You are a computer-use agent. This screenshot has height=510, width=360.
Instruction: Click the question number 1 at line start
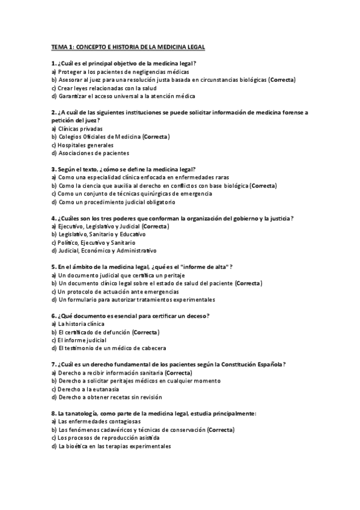(53, 63)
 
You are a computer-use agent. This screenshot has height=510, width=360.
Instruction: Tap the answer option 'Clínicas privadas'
(80, 129)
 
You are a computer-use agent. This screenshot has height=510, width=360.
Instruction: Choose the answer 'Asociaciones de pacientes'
(90, 153)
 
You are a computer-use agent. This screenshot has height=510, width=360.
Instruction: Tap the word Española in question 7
(266, 364)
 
